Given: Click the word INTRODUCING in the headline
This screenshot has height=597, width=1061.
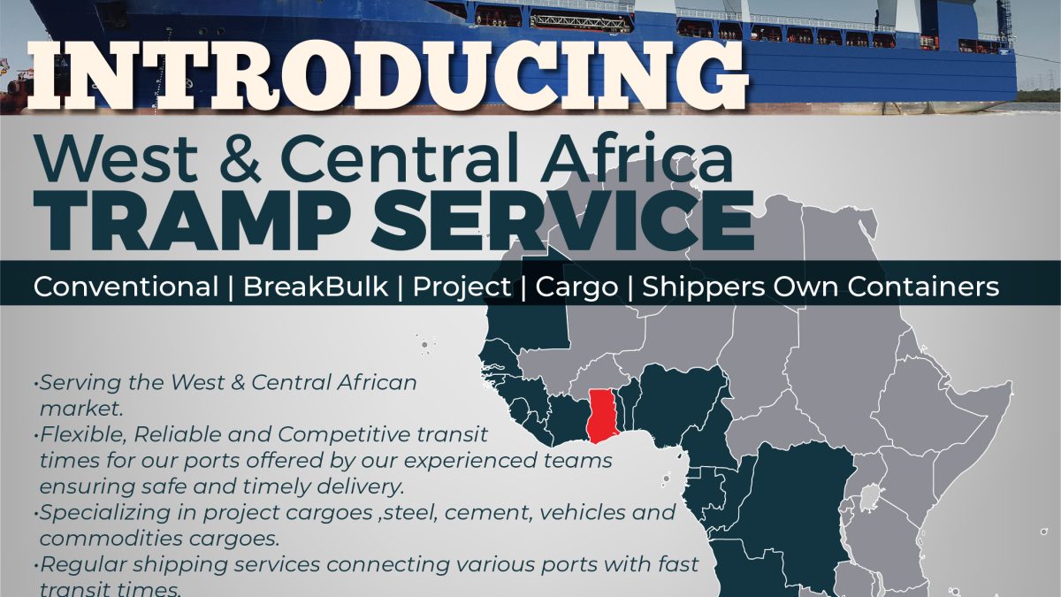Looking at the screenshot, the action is coord(388,76).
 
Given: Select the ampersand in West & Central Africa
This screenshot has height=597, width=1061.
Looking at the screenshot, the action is coord(240,158).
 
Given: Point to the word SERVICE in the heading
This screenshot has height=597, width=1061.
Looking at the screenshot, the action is coord(562,220).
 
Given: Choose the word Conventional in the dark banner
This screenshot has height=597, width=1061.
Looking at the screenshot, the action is coord(126,287).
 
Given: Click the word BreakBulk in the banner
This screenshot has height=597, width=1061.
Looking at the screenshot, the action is coord(316,287).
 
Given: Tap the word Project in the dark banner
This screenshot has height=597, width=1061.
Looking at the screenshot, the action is coord(462,287).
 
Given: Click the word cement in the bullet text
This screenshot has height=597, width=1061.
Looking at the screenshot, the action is coord(487,513).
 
